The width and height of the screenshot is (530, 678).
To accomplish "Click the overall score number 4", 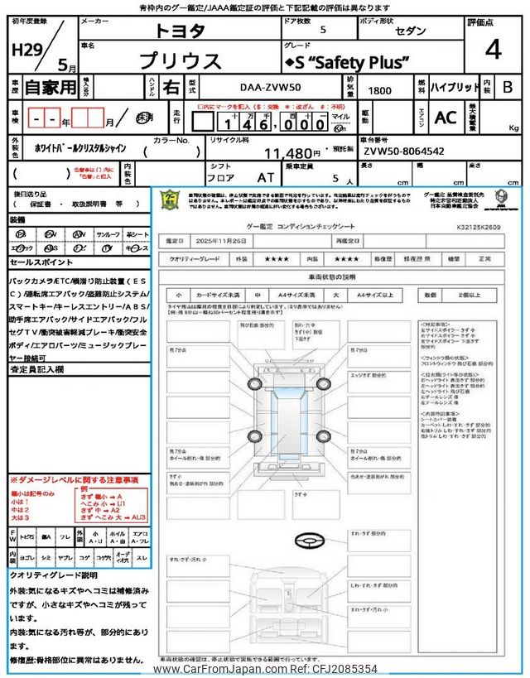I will tap(493, 51).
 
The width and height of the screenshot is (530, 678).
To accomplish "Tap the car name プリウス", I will tap(180, 60).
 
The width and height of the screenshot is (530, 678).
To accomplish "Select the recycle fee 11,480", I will tap(291, 152).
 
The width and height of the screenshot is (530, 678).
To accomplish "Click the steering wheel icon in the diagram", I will tap(306, 541).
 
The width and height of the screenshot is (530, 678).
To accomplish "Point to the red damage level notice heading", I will tap(75, 480).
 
